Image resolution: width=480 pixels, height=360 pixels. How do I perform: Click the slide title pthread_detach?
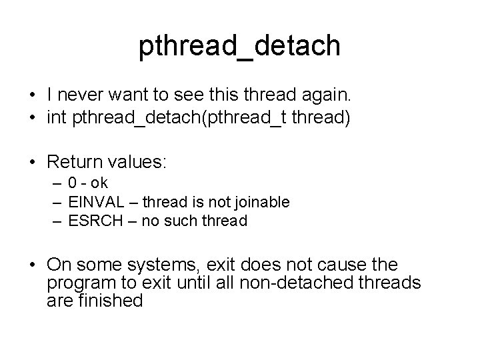tap(240, 47)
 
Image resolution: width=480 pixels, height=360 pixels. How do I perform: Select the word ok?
tap(99, 183)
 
